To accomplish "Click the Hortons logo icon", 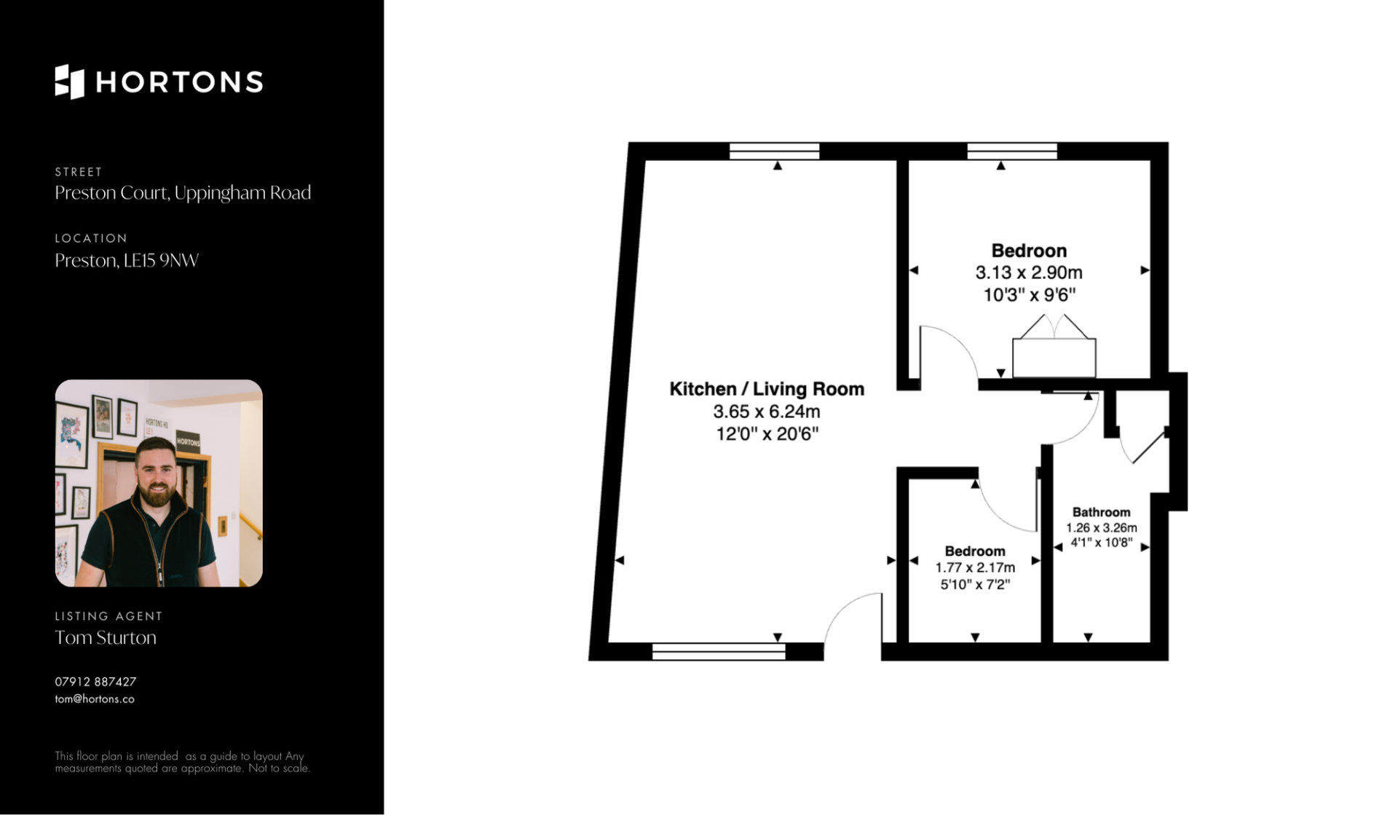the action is click(69, 82).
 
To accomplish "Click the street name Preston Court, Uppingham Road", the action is click(183, 193).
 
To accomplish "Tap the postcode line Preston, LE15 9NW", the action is click(127, 260).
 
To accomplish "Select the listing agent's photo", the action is click(159, 483).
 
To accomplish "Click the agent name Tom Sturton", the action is click(106, 637).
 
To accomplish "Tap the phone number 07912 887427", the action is click(95, 682).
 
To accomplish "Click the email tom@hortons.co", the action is click(95, 699).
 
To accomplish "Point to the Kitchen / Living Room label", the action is click(767, 389).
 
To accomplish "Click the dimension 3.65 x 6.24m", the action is click(767, 412).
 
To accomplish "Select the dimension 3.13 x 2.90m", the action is click(1029, 272).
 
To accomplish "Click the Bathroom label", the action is click(1101, 512).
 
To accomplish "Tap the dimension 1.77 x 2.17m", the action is click(975, 567).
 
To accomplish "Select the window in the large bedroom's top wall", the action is click(1012, 151).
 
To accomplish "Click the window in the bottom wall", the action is click(719, 652).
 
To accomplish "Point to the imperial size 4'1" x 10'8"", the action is click(1101, 543).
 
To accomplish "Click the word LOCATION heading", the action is click(91, 238).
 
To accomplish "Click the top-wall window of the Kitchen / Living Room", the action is click(774, 151).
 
